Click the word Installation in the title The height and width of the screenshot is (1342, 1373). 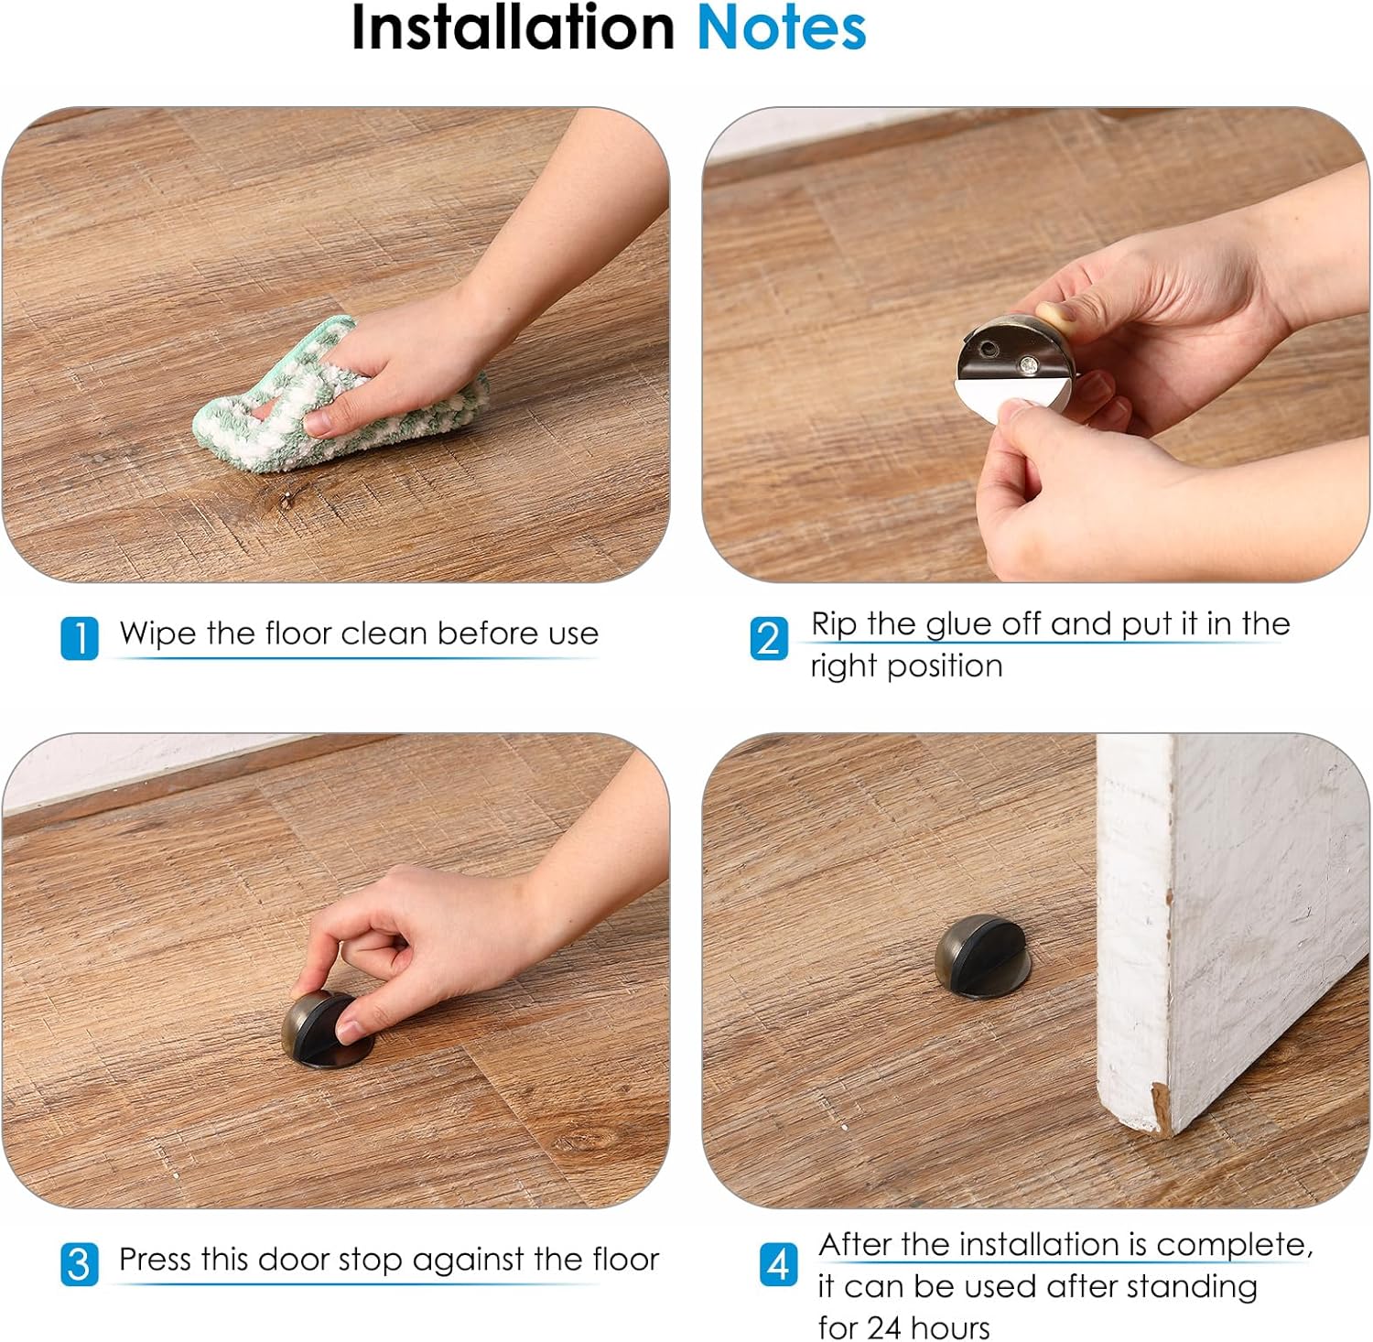point(514,27)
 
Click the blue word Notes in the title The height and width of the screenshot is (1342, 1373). point(782,27)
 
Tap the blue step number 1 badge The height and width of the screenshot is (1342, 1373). point(80,638)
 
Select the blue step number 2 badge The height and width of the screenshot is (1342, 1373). point(769,638)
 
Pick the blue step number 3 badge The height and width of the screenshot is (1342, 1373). point(80,1264)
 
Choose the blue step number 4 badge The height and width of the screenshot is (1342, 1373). point(778,1264)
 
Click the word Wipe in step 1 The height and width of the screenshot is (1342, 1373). point(158,633)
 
